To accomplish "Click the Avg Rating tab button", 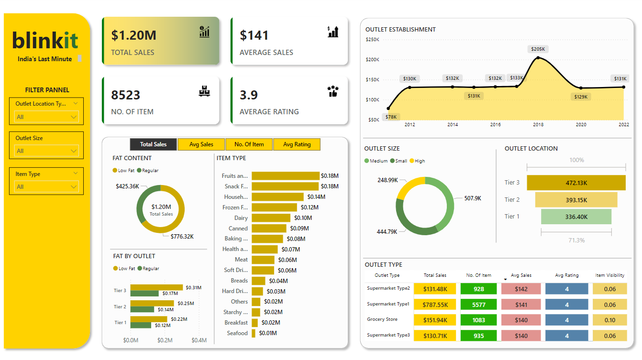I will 297,144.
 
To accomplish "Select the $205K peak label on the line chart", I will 538,49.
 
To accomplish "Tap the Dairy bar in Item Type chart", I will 271,218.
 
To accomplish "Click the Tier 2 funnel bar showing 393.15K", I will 576,200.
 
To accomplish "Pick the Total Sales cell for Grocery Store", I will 435,320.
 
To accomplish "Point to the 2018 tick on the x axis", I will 538,125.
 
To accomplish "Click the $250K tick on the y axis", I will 372,39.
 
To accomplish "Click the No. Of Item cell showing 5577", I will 478,305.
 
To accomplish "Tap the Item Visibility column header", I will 609,275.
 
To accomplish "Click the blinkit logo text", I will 45,41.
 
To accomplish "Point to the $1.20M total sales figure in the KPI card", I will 133,35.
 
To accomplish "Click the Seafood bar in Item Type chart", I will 254,333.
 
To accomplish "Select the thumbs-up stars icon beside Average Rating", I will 333,91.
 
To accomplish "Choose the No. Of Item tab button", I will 249,144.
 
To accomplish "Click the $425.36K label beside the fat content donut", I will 127,186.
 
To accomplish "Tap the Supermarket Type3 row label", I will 388,335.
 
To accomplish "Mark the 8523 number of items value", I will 125,95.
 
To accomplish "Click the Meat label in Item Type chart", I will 241,260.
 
